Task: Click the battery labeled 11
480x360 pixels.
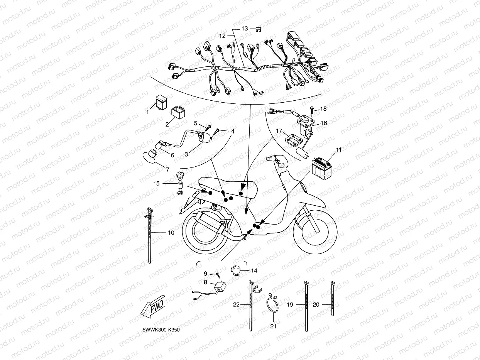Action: click(321, 169)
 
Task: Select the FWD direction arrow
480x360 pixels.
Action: click(153, 306)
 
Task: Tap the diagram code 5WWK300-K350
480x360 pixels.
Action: click(161, 330)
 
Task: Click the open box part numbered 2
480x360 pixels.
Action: click(178, 112)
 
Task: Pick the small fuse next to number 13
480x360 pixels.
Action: click(258, 29)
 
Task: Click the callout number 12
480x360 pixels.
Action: click(222, 36)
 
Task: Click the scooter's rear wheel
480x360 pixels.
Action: click(204, 233)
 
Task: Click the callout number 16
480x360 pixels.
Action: click(324, 123)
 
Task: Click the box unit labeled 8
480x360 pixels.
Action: click(220, 286)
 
